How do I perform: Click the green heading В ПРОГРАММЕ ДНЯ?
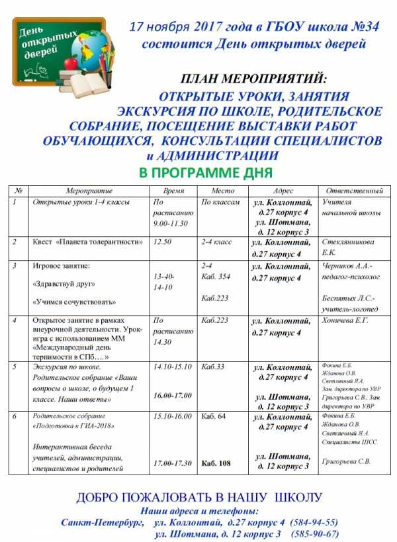tap(206, 173)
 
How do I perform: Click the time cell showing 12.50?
tap(162, 242)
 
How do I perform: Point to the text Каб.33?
tap(212, 366)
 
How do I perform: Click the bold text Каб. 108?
tap(216, 463)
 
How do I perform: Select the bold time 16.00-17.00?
tap(173, 395)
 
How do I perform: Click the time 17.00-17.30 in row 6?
tap(173, 463)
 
